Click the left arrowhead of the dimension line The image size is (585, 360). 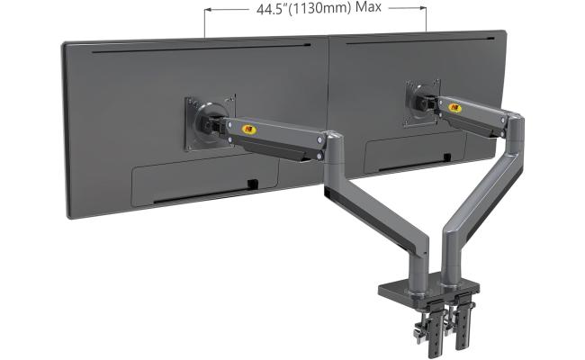click(208, 11)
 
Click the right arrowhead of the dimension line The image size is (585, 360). click(422, 11)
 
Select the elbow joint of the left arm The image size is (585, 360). click(333, 144)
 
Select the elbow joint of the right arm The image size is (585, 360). click(517, 126)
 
